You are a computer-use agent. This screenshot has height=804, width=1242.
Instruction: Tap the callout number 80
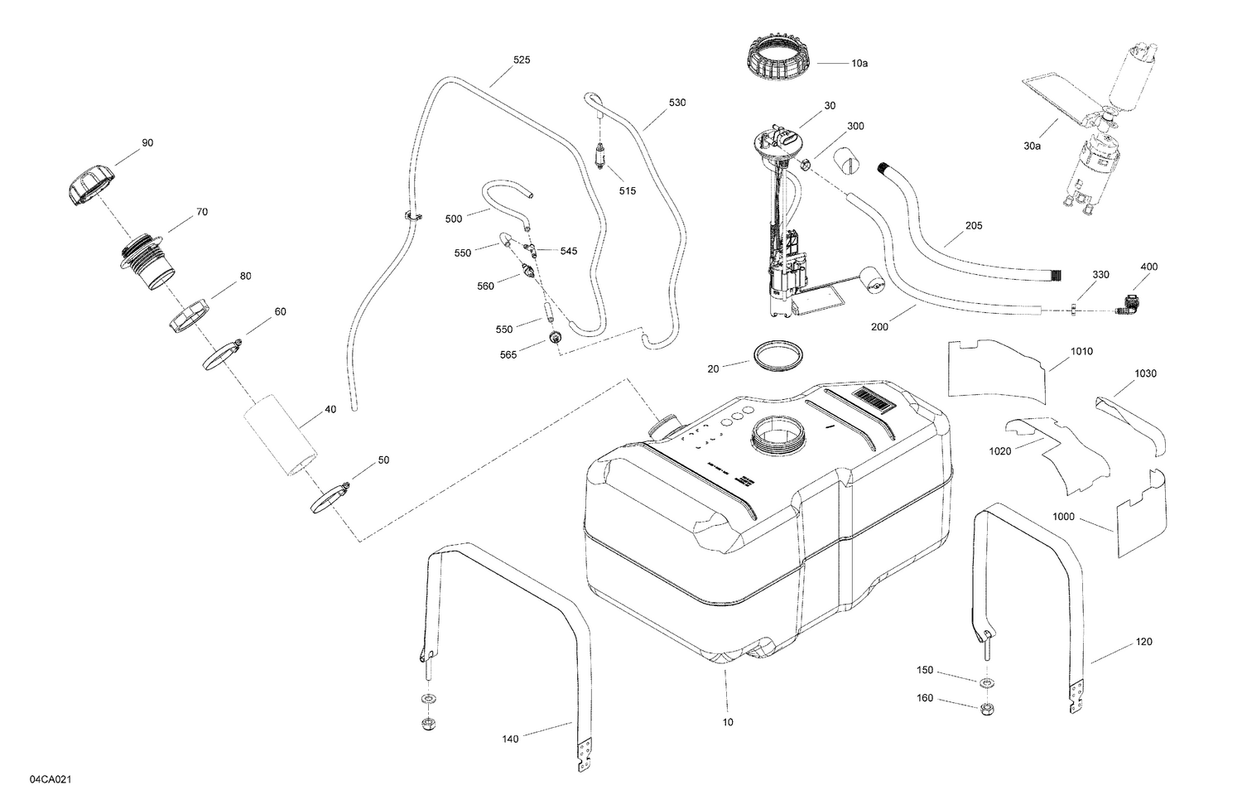tap(245, 276)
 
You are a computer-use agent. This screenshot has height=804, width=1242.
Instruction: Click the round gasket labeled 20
tap(779, 355)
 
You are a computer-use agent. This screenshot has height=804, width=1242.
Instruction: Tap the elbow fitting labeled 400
tap(1129, 304)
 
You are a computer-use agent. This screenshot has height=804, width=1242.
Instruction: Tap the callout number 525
tap(522, 60)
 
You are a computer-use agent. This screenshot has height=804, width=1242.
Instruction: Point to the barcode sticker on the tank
tap(878, 403)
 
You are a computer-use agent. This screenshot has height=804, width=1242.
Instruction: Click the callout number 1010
tap(1081, 351)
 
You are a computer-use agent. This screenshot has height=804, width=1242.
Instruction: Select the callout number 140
tap(511, 739)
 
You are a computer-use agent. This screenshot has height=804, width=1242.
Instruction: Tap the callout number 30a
tap(1032, 146)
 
